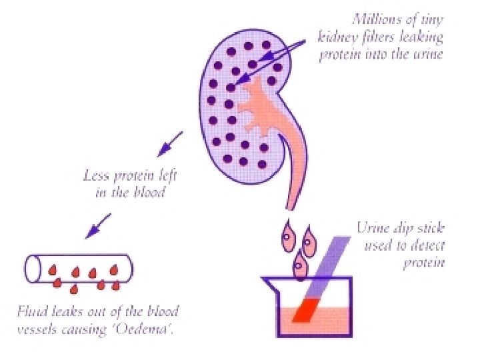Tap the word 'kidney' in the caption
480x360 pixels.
pos(337,38)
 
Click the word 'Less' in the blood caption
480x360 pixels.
pos(95,177)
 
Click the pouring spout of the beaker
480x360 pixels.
pos(270,283)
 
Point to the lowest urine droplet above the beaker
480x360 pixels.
pos(301,268)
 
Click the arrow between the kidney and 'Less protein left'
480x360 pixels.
pos(171,141)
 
